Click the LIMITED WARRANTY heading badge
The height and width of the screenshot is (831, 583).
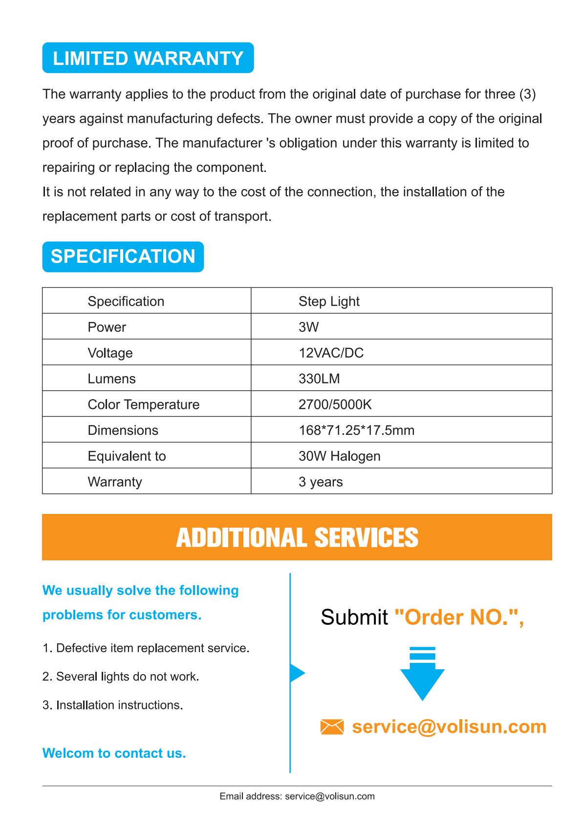pos(148,58)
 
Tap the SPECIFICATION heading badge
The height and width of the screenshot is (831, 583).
pos(123,256)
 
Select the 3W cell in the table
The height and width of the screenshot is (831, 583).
pos(308,327)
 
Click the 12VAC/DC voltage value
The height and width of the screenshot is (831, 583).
pos(331,353)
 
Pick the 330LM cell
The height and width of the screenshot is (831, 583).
pos(319,379)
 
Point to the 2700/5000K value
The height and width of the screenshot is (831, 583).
pos(335,405)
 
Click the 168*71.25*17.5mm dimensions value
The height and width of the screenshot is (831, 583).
pos(356,430)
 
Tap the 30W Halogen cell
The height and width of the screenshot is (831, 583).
pos(339,456)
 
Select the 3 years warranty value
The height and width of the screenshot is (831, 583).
pos(321,482)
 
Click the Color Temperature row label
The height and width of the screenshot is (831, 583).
pos(143,405)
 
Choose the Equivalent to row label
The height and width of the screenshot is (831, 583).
pos(127,456)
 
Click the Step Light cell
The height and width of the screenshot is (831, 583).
pos(329,301)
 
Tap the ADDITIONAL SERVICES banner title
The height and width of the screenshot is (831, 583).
pos(297,537)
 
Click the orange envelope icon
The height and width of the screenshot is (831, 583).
pos(332,727)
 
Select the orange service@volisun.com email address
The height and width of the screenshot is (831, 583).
pos(449,726)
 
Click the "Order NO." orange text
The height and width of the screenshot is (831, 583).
pos(458,618)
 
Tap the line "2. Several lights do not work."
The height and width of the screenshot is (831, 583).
pos(121,677)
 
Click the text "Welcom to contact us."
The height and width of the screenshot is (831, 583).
pos(114,753)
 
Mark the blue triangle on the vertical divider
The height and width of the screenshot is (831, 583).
pos(297,673)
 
